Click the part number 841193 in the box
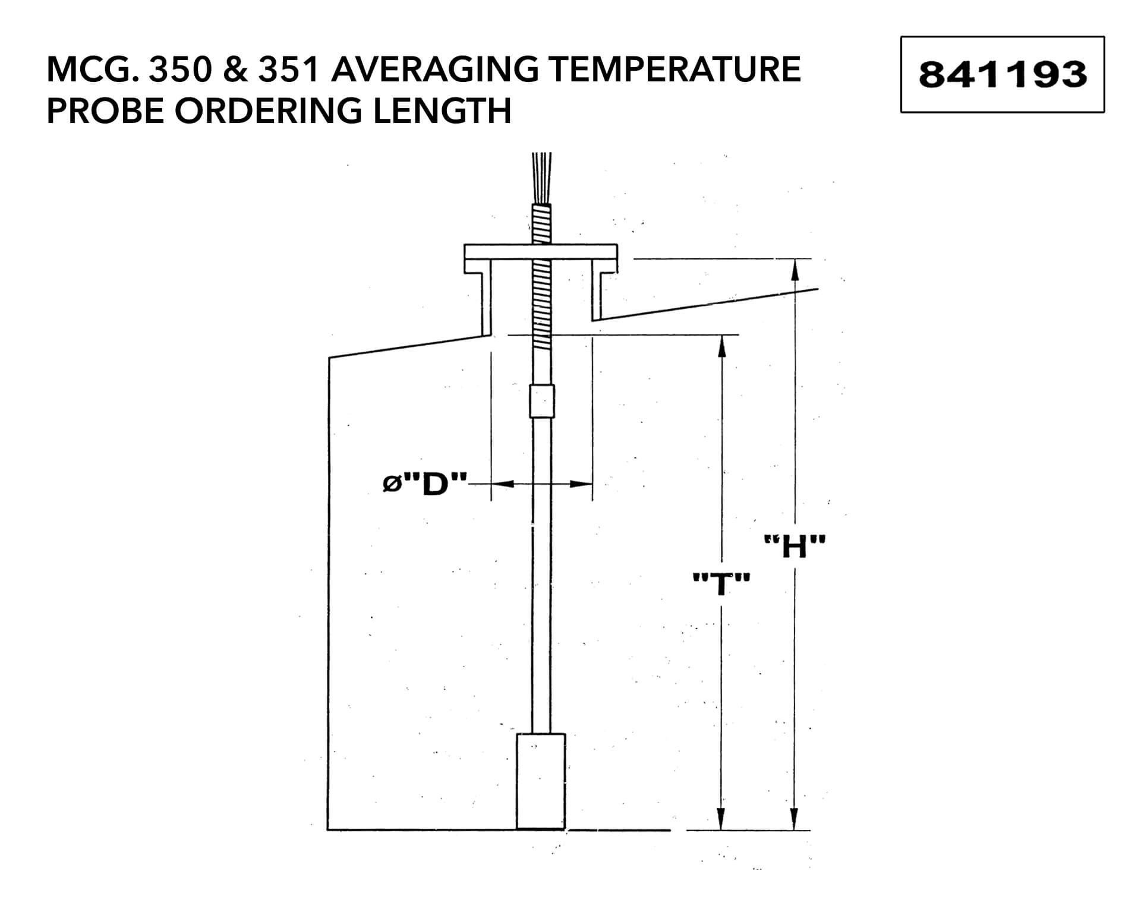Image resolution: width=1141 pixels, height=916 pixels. point(1003,75)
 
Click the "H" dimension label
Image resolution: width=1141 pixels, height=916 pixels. point(795,547)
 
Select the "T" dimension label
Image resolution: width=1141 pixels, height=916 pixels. point(721,584)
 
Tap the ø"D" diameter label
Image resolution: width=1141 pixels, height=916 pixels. point(424,485)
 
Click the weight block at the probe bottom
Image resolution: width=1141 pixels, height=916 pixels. point(540,781)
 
